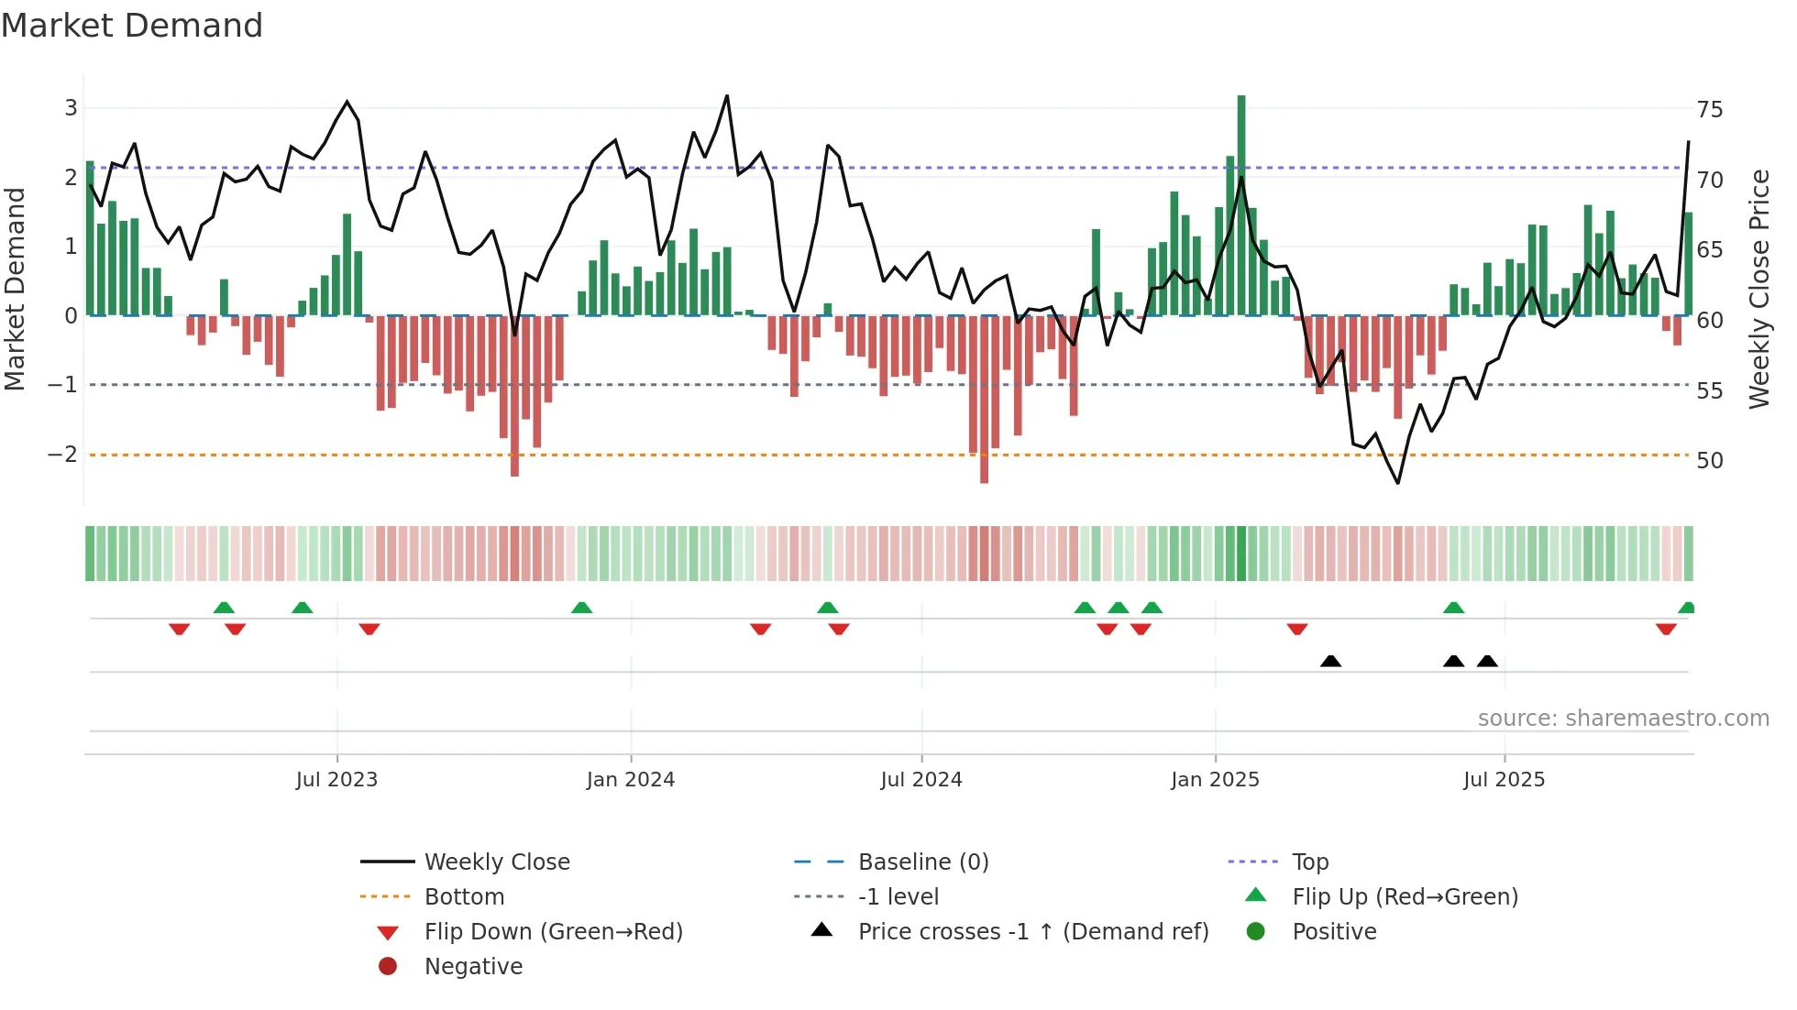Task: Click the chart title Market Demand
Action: pyautogui.click(x=132, y=26)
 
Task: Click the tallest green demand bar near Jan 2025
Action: pyautogui.click(x=1241, y=206)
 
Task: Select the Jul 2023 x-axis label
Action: pyautogui.click(x=336, y=780)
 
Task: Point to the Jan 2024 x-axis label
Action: pyautogui.click(x=631, y=780)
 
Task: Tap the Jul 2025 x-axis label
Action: pyautogui.click(x=1504, y=780)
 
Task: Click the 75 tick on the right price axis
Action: pyautogui.click(x=1709, y=110)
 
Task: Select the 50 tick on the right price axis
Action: pyautogui.click(x=1709, y=461)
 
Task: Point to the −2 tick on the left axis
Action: pyautogui.click(x=63, y=455)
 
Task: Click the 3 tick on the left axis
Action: pyautogui.click(x=71, y=108)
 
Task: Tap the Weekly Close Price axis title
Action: pyautogui.click(x=1758, y=289)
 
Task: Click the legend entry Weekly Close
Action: pyautogui.click(x=497, y=862)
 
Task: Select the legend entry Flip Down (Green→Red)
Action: pyautogui.click(x=553, y=932)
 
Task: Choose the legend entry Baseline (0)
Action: pyautogui.click(x=923, y=862)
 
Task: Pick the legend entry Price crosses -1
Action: pyautogui.click(x=1033, y=932)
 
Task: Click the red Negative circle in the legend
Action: pyautogui.click(x=388, y=967)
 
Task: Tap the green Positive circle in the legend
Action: pyautogui.click(x=1256, y=932)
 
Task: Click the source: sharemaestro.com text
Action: pyautogui.click(x=1623, y=719)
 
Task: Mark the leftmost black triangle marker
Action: pyautogui.click(x=1330, y=661)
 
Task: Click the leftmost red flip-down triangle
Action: pyautogui.click(x=180, y=629)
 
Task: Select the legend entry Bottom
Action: pyautogui.click(x=464, y=897)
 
